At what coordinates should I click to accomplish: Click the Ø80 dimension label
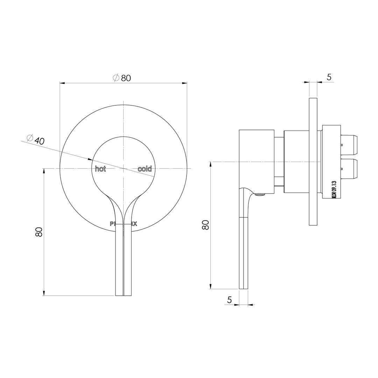tap(122, 78)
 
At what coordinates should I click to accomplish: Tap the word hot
tap(100, 169)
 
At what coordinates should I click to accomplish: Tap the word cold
tap(145, 169)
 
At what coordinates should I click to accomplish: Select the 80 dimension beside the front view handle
tap(39, 232)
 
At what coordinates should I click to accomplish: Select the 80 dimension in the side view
tap(205, 225)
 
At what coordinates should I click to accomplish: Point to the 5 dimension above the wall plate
tap(329, 77)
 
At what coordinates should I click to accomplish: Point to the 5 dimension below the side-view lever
tap(230, 300)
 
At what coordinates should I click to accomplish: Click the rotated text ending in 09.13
tap(334, 191)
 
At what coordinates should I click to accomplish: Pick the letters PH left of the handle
tap(113, 224)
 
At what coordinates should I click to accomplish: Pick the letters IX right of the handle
tap(134, 224)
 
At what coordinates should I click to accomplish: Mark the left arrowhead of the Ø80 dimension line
tap(62, 83)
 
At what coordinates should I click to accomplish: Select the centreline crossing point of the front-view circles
tap(124, 168)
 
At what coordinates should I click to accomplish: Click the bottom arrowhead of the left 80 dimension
tap(44, 293)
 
